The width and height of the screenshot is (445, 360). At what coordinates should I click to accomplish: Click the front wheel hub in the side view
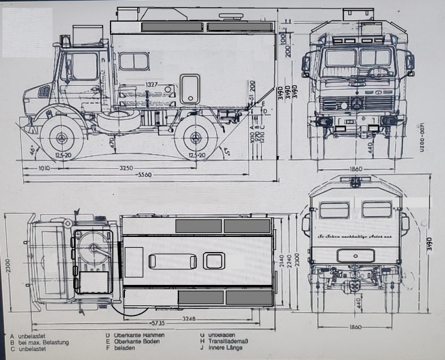click(x=62, y=138)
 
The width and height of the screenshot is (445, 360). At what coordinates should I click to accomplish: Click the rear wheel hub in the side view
click(x=195, y=138)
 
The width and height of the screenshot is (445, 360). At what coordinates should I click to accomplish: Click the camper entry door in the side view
click(x=190, y=89)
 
